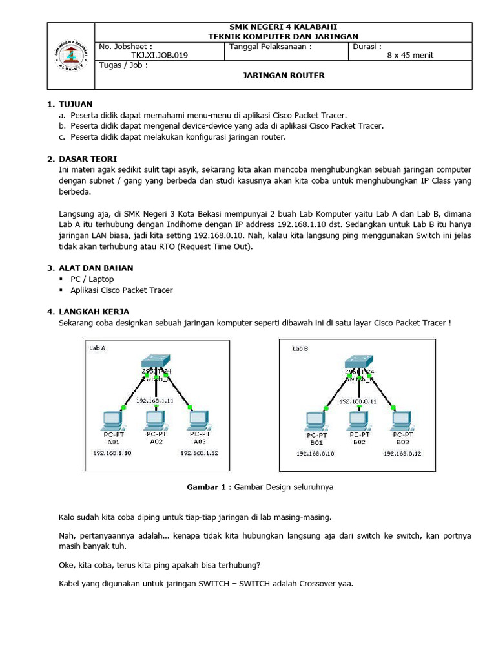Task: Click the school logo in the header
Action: click(70, 56)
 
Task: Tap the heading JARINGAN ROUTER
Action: click(284, 76)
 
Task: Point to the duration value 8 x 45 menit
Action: click(410, 56)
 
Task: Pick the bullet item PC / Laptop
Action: click(92, 279)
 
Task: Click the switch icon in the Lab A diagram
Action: click(156, 362)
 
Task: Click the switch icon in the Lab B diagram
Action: click(358, 362)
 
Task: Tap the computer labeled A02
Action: click(156, 420)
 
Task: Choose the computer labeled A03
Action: click(198, 420)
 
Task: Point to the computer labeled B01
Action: click(316, 421)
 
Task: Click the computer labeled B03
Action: click(402, 421)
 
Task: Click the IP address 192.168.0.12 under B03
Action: click(402, 454)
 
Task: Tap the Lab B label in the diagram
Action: click(300, 348)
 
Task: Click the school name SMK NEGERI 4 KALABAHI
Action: click(284, 27)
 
